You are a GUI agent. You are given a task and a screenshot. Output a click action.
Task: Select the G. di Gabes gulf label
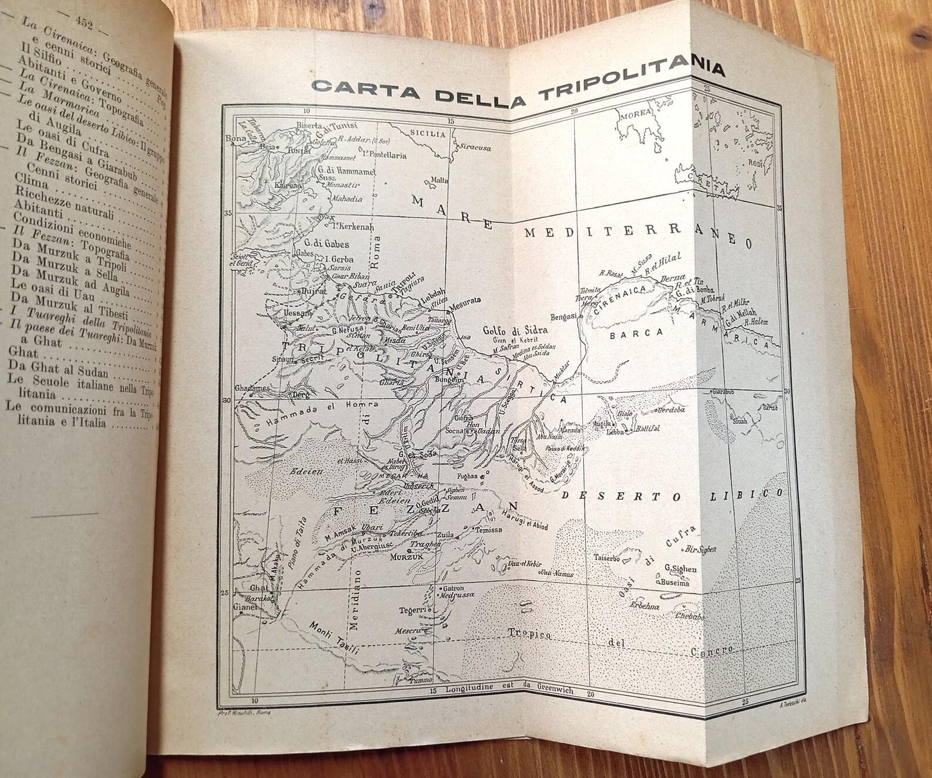click(326, 244)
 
